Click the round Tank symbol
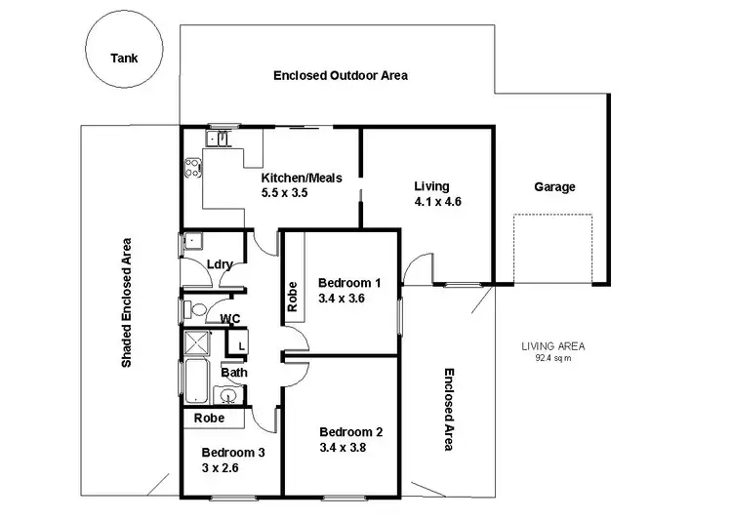pyautogui.click(x=124, y=58)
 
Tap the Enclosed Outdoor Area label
pyautogui.click(x=340, y=75)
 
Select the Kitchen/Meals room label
pyautogui.click(x=300, y=179)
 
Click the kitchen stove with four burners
pyautogui.click(x=190, y=169)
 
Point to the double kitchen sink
pyautogui.click(x=223, y=139)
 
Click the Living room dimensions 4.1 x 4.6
pyautogui.click(x=437, y=202)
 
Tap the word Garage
pyautogui.click(x=554, y=186)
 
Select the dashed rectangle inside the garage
pyautogui.click(x=552, y=249)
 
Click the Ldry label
pyautogui.click(x=219, y=264)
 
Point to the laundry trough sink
pyautogui.click(x=191, y=241)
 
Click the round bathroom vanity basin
pyautogui.click(x=226, y=395)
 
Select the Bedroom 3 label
pyautogui.click(x=232, y=452)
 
